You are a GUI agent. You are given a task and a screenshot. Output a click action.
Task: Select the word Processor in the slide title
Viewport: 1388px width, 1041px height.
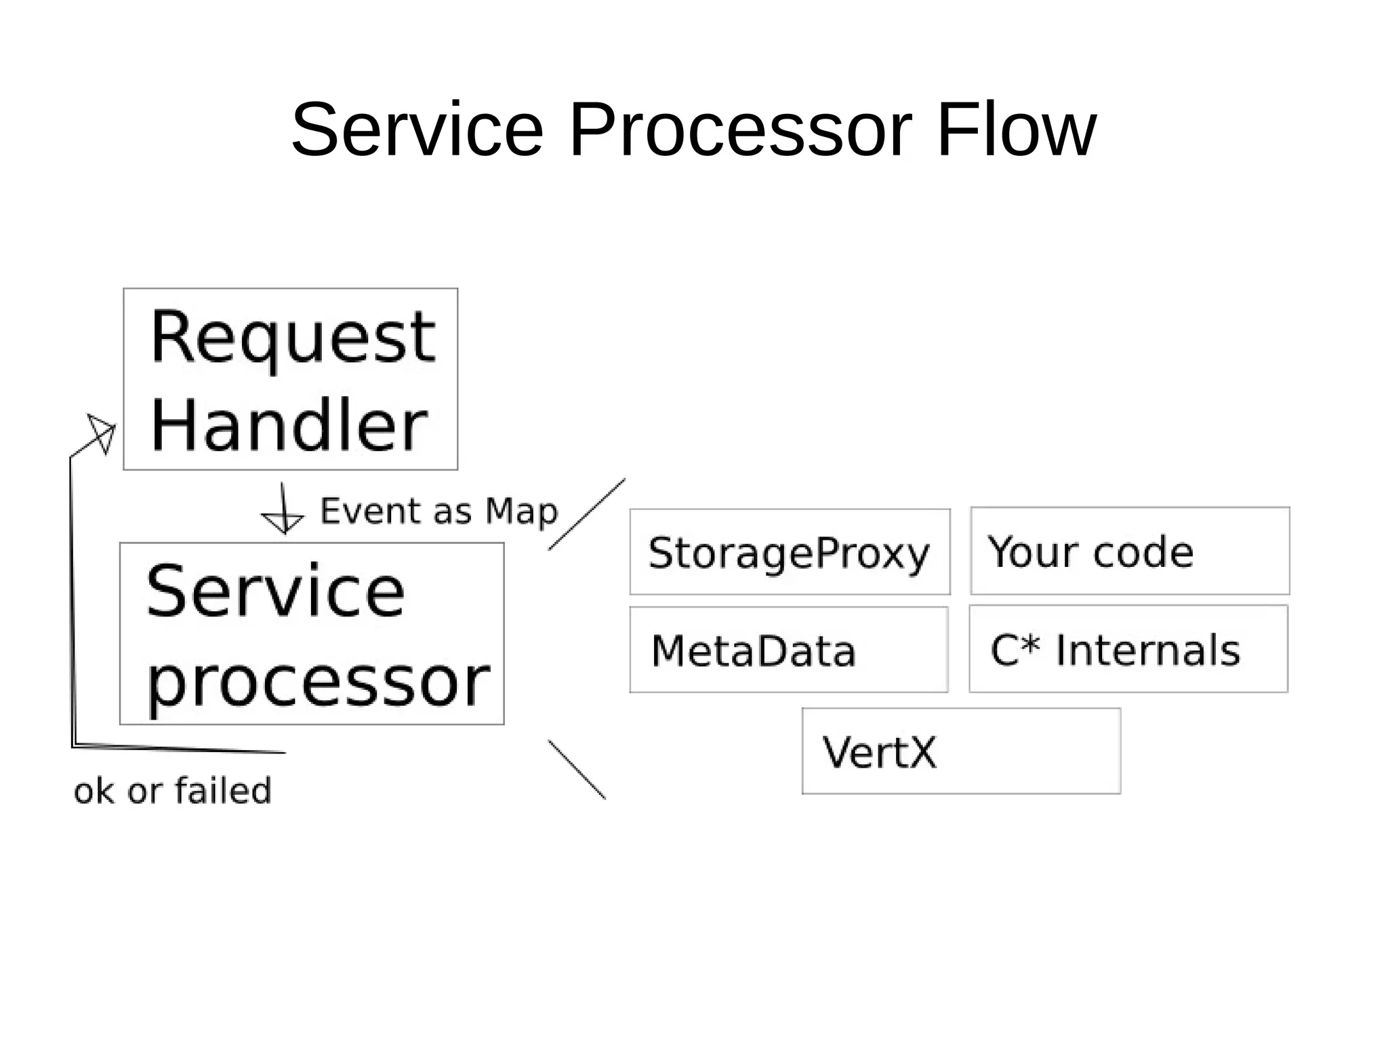[740, 130]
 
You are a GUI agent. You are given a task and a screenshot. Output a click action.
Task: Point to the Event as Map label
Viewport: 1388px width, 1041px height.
[438, 511]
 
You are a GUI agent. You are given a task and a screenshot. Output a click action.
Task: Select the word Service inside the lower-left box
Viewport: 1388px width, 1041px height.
[274, 591]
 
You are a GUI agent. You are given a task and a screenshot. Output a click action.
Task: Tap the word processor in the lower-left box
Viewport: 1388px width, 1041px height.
[317, 682]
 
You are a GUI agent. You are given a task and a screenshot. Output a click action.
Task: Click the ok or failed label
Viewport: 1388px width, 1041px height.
[172, 791]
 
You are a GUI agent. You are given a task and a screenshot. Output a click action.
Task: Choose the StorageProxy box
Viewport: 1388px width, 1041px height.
[790, 552]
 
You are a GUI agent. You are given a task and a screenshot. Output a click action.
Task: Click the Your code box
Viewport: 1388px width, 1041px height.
[1130, 551]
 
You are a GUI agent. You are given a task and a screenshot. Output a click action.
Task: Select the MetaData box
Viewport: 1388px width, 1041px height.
[788, 650]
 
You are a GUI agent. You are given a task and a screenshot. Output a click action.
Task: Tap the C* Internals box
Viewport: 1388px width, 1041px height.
[1128, 649]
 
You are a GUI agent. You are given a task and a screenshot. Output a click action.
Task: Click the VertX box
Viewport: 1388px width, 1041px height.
[961, 751]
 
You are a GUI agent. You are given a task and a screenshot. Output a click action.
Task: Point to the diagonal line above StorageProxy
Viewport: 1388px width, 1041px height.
[587, 514]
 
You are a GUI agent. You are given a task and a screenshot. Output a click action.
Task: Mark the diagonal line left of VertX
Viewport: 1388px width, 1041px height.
[577, 770]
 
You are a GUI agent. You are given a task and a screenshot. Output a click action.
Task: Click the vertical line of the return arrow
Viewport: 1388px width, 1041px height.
[72, 604]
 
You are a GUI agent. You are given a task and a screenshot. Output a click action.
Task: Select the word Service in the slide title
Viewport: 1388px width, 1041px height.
[417, 130]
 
